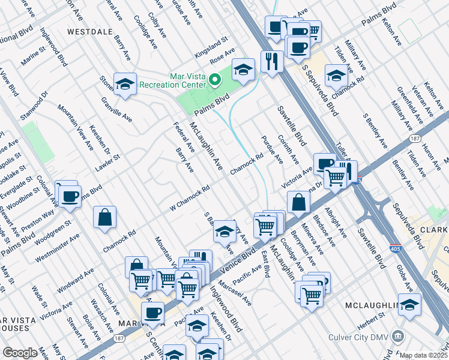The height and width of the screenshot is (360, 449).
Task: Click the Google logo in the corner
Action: pyautogui.click(x=20, y=353)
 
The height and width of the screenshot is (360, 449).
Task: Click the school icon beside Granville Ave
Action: pyautogui.click(x=125, y=85)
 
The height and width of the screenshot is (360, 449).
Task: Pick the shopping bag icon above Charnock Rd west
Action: pyautogui.click(x=104, y=217)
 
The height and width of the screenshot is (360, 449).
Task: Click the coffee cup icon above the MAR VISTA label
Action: pyautogui.click(x=152, y=312)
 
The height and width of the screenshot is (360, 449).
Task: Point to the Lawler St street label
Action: pyautogui.click(x=110, y=163)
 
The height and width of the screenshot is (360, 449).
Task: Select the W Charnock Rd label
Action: pyautogui.click(x=189, y=196)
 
